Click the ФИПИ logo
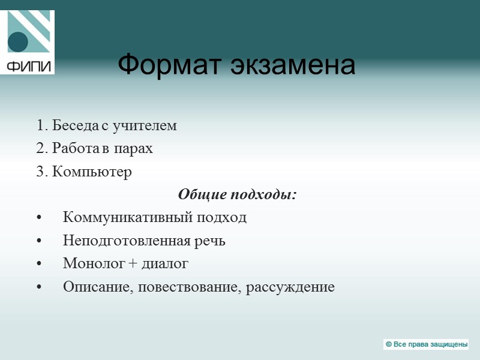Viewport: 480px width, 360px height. pyautogui.click(x=31, y=42)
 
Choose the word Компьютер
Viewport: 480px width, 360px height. pyautogui.click(x=92, y=172)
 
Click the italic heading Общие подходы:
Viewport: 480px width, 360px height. pyautogui.click(x=238, y=195)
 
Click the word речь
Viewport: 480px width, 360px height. pyautogui.click(x=209, y=241)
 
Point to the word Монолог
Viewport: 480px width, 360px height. pyautogui.click(x=91, y=263)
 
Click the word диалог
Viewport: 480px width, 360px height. pyautogui.click(x=165, y=263)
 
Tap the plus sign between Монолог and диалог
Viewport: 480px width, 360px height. pyautogui.click(x=131, y=264)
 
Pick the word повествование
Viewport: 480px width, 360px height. pyautogui.click(x=189, y=287)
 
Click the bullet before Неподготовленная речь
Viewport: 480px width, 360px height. pyautogui.click(x=40, y=241)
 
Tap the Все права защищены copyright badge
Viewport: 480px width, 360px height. pyautogui.click(x=426, y=344)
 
